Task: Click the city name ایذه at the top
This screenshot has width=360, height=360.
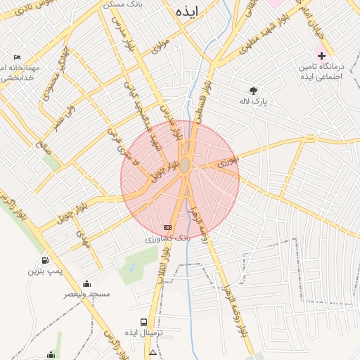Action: pos(188,11)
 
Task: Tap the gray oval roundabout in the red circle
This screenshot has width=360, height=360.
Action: pos(184,166)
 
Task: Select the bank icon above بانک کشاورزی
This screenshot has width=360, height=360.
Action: pos(167,227)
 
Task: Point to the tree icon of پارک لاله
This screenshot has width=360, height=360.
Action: pos(253,90)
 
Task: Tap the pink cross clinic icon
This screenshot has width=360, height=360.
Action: pos(321,54)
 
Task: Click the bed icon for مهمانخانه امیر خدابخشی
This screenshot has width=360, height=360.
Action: pos(18,57)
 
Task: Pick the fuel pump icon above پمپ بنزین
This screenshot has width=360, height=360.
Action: pos(46,259)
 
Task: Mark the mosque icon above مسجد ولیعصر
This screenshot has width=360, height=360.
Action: pos(86,283)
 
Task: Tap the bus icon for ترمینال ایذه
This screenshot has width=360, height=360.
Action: pos(143,320)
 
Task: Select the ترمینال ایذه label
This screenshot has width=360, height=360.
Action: pos(149,332)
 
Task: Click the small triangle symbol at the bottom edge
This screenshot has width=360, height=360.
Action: pos(153,352)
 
